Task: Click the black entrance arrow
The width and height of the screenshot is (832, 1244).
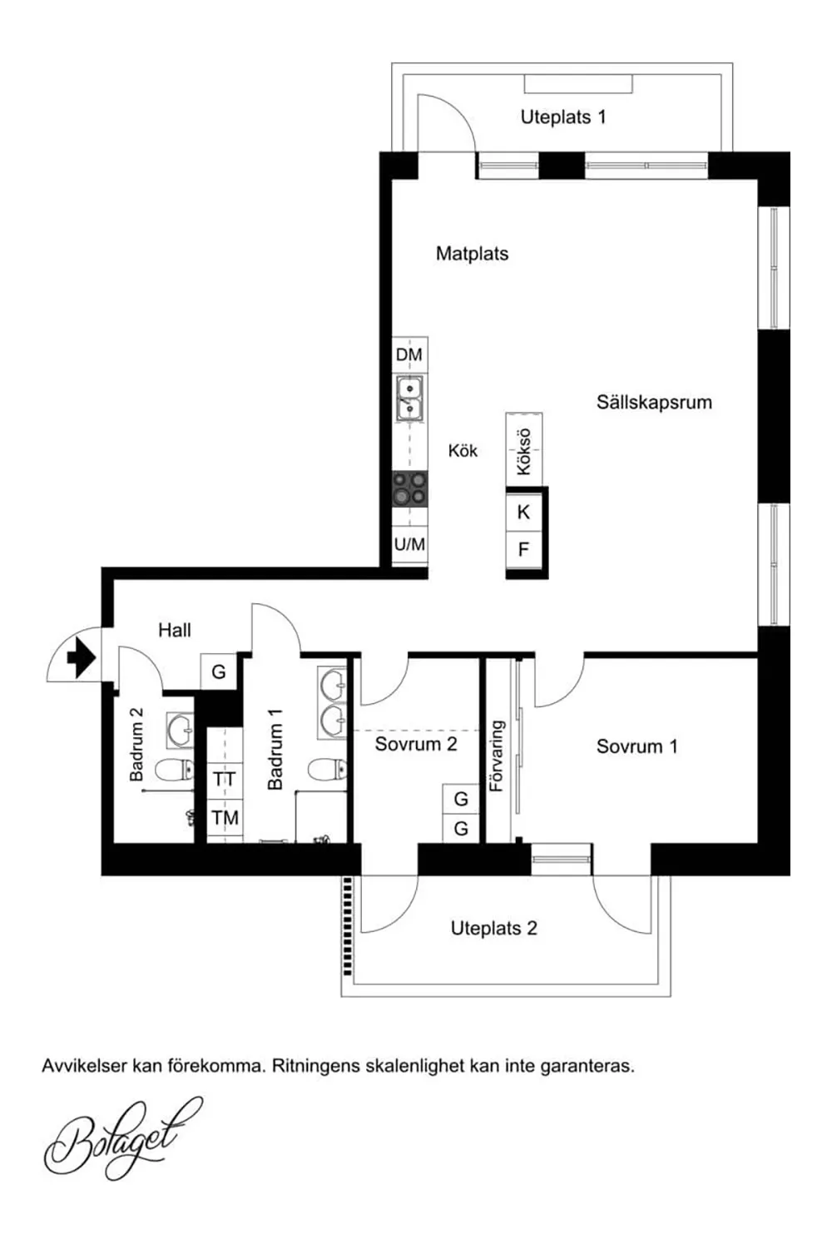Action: (x=82, y=657)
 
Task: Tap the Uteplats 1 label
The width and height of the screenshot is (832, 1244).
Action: (x=562, y=117)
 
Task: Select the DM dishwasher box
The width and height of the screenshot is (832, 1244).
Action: (x=409, y=354)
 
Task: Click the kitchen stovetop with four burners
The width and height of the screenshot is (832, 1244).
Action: (x=410, y=488)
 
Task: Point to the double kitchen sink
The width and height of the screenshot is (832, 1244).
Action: (x=410, y=399)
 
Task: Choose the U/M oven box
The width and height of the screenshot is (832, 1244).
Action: (x=410, y=544)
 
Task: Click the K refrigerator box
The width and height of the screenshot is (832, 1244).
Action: (x=523, y=512)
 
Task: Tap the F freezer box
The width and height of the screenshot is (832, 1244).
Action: (x=523, y=550)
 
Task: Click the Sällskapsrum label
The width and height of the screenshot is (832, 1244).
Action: (x=654, y=402)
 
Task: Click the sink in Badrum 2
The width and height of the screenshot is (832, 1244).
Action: (x=180, y=730)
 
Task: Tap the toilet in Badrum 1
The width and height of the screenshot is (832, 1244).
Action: (x=328, y=771)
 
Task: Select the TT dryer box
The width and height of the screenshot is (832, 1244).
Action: (x=225, y=781)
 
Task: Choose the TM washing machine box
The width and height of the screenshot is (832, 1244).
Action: (x=225, y=818)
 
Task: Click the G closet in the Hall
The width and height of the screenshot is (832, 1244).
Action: (x=219, y=672)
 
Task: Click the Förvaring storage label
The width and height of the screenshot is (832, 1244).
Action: (x=497, y=756)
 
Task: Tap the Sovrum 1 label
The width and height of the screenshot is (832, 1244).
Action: (x=637, y=746)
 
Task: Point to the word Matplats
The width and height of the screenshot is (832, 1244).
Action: (x=472, y=254)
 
